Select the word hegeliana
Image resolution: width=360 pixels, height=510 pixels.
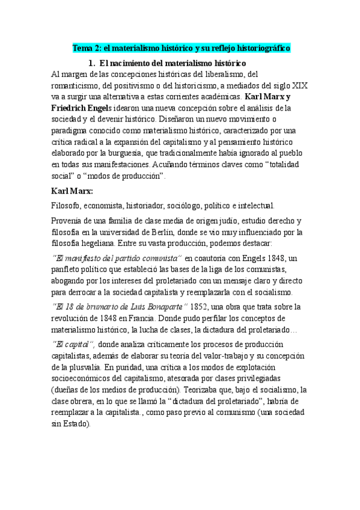click(105, 243)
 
